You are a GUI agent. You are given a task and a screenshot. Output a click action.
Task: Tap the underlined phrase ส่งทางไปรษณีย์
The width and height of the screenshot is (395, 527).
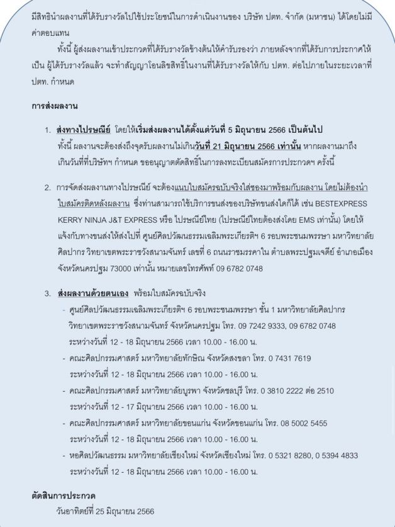click(84, 129)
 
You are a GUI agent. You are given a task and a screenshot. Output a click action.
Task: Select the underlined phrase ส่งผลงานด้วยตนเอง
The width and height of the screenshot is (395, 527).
click(94, 293)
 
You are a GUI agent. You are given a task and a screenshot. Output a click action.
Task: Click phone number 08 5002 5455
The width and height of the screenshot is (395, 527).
click(299, 424)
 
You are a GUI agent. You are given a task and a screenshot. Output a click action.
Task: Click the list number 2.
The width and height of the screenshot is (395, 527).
click(48, 188)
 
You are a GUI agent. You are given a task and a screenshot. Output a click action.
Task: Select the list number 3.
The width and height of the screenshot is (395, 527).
click(48, 293)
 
